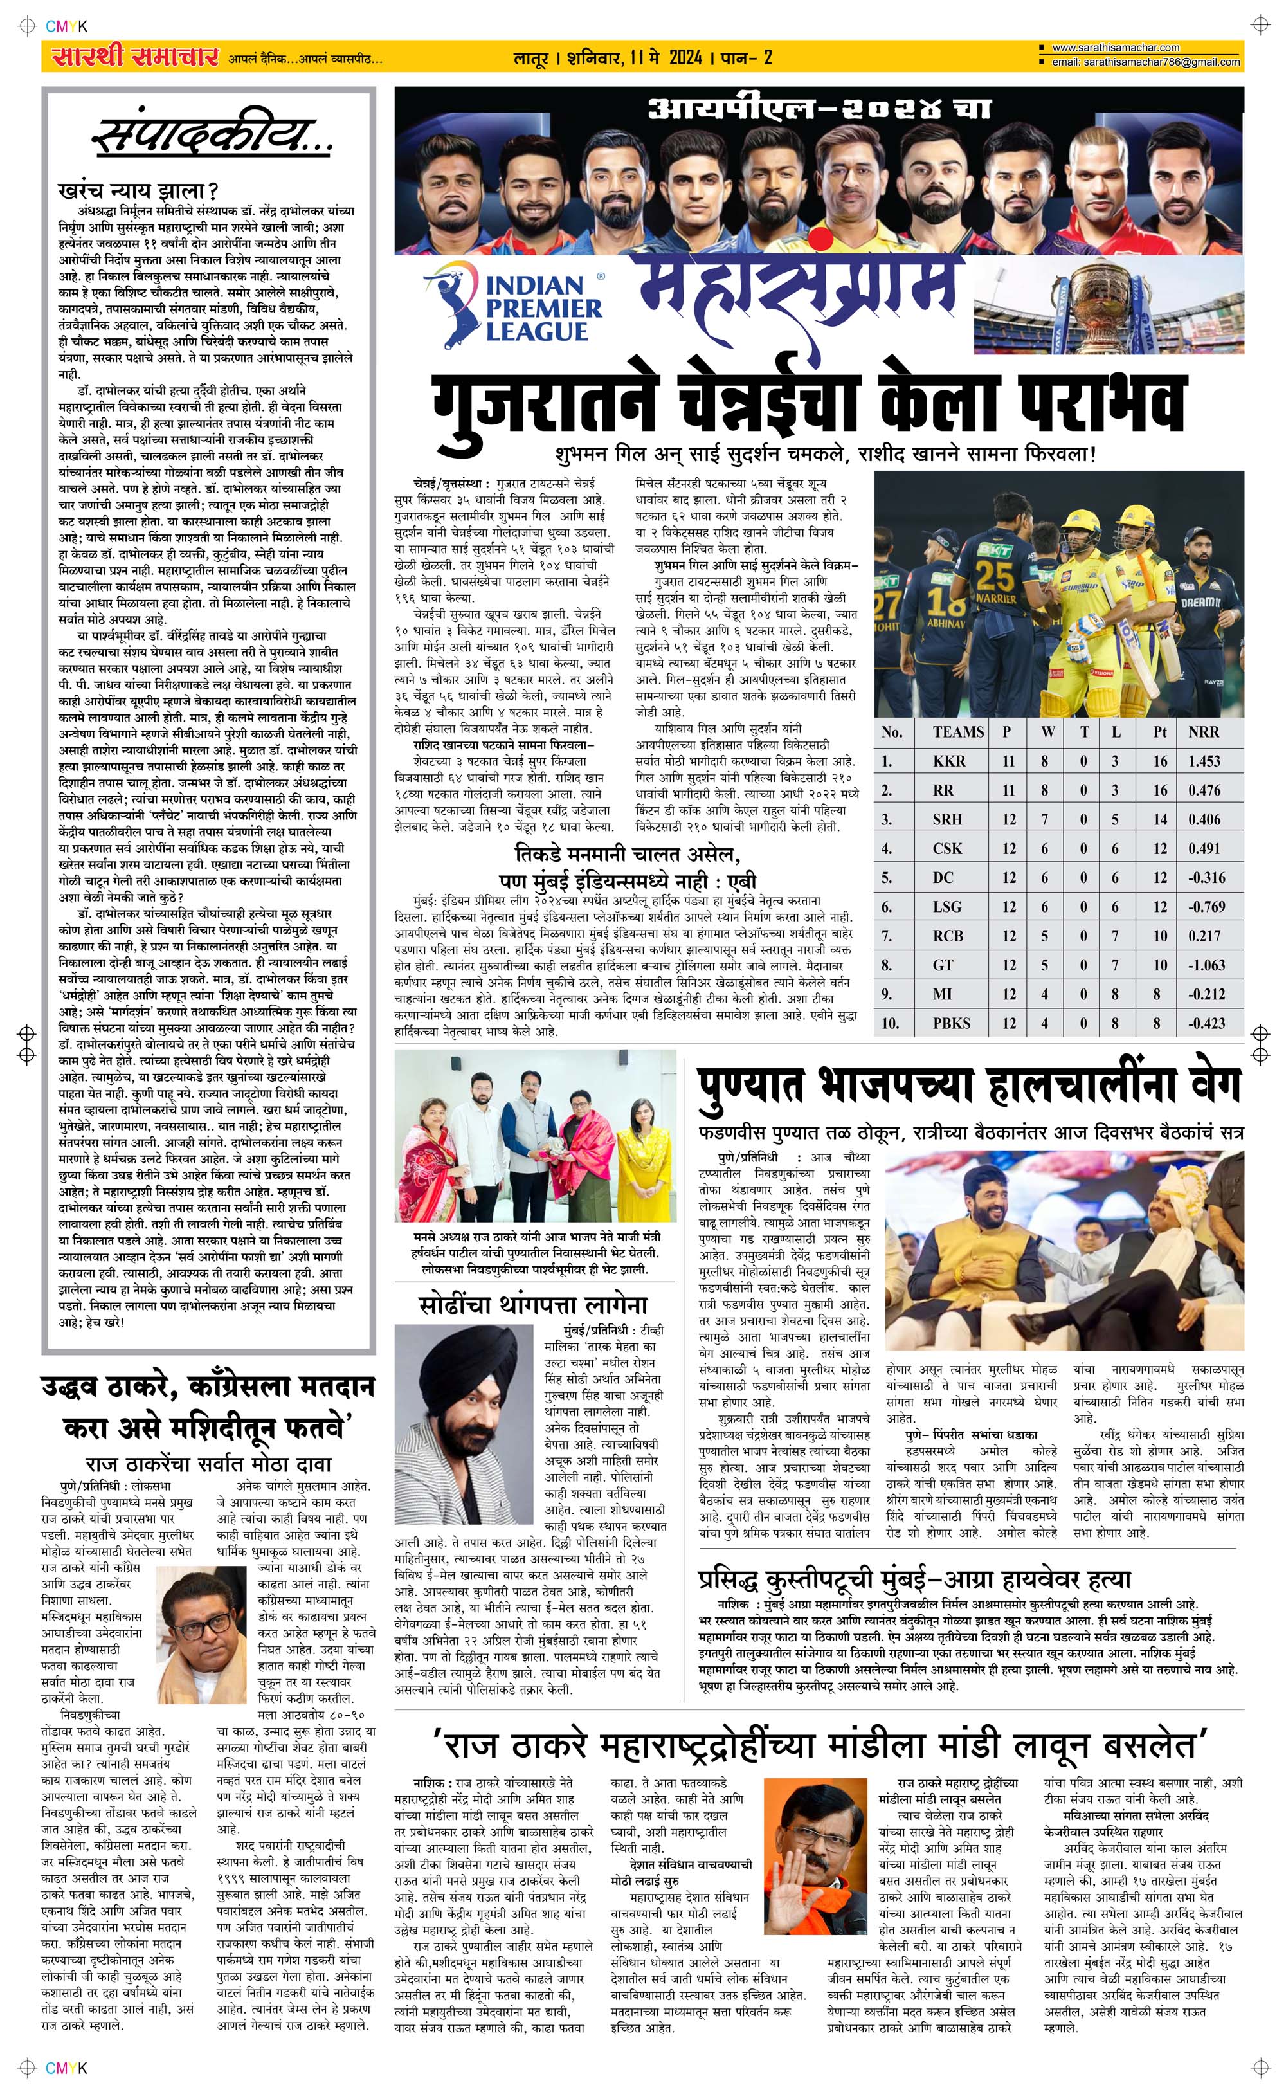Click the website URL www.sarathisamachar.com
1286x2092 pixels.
[x=1115, y=48]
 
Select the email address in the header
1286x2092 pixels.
[x=1145, y=62]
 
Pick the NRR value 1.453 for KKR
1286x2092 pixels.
[x=1204, y=761]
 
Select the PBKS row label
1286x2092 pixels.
[x=951, y=1023]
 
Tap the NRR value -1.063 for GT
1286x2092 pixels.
[x=1206, y=965]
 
